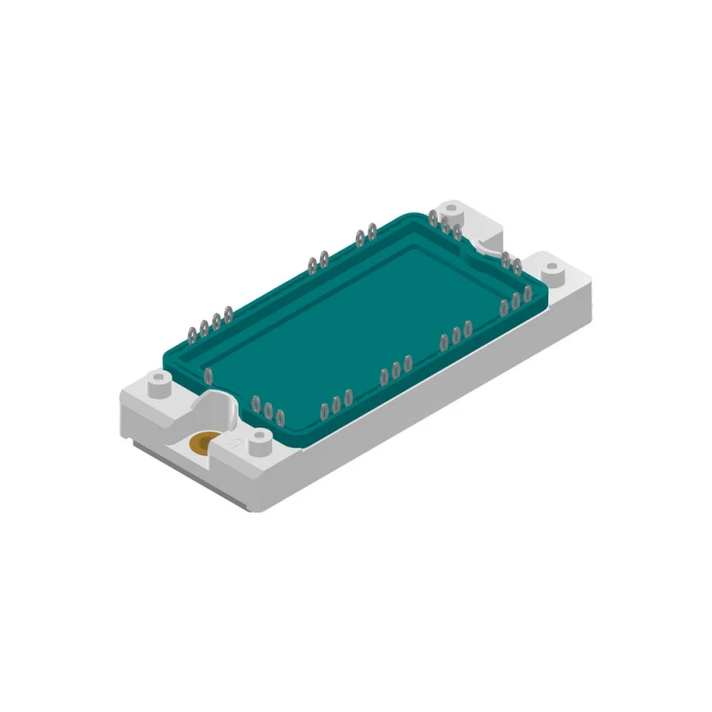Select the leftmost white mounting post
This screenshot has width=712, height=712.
click(x=158, y=384)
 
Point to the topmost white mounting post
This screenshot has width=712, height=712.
click(x=453, y=213)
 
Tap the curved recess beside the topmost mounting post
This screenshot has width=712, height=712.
click(x=488, y=240)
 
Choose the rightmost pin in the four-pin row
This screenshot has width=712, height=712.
click(x=229, y=312)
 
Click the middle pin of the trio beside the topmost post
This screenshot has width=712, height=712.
click(x=445, y=227)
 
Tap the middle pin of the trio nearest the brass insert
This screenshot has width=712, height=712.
click(x=267, y=409)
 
